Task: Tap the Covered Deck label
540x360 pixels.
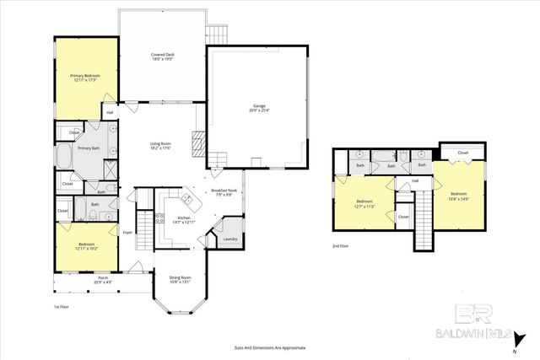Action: [162, 56]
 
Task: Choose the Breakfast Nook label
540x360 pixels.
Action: [224, 192]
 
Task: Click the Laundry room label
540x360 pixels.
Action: [229, 239]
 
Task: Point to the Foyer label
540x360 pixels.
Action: [127, 232]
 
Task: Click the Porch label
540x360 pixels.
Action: [102, 279]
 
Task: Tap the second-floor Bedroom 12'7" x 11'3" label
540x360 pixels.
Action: [364, 203]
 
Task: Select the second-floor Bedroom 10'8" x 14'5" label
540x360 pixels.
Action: [460, 195]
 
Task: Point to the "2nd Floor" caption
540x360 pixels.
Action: [342, 246]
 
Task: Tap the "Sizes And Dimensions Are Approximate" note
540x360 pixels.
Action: [269, 347]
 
